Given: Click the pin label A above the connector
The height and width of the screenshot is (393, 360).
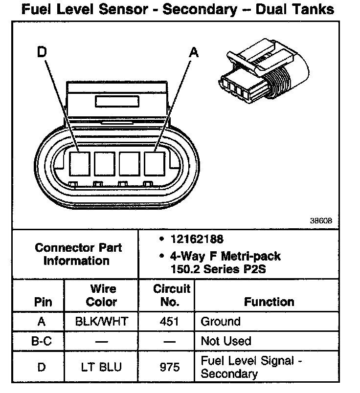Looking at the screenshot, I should pos(194,52).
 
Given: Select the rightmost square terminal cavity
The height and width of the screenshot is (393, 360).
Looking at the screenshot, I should pos(155,163).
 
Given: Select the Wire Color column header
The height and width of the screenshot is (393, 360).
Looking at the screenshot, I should pos(101,295).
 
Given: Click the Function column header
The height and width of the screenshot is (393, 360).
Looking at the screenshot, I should pos(269,302).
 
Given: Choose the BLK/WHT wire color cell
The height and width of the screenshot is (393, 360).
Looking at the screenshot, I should pos(101,322).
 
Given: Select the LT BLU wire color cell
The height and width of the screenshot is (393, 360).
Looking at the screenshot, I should pos(101,367).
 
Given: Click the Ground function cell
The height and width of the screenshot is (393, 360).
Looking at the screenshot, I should pos(221,322).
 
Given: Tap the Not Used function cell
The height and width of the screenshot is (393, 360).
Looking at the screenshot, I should pos(226,341).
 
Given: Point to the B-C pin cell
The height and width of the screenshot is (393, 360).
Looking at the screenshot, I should pos(41,341).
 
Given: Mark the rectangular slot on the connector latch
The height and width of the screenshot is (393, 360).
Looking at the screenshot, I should pos(117,101).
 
